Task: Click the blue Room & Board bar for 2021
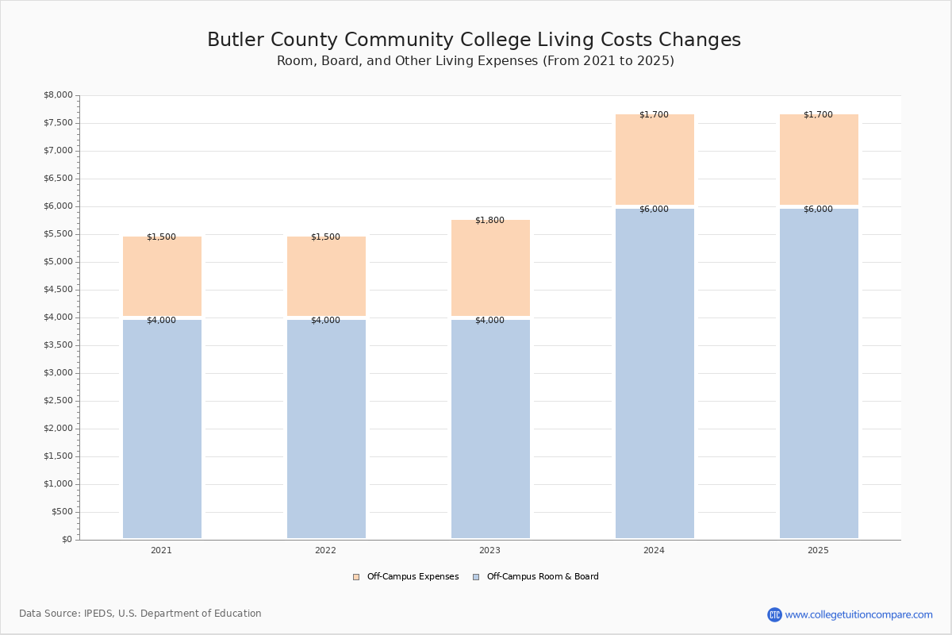[162, 429]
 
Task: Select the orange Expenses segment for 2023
[490, 270]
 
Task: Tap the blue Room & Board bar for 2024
[654, 373]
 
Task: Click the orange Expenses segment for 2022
[326, 278]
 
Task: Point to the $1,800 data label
[489, 220]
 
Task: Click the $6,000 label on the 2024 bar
[654, 210]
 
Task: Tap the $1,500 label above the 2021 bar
[161, 237]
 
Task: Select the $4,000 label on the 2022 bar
[325, 321]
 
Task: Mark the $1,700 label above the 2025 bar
[818, 114]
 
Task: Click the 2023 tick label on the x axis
[489, 550]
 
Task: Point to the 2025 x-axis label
[818, 550]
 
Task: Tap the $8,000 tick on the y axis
[58, 95]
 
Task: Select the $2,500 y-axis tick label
[58, 401]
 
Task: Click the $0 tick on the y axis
[67, 540]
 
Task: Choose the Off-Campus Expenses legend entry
[406, 577]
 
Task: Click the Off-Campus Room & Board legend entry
[536, 577]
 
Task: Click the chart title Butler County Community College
[474, 40]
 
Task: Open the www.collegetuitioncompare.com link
[858, 614]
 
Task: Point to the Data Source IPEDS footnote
[140, 614]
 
